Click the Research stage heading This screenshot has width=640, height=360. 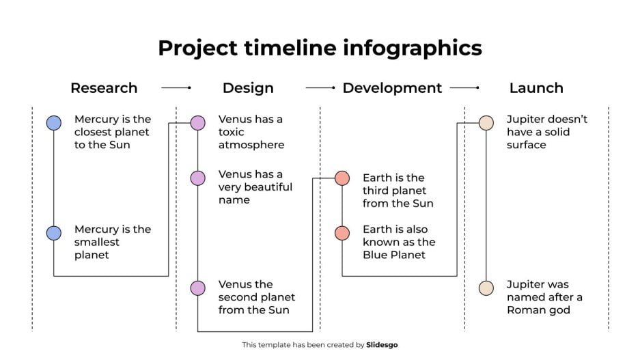click(x=104, y=88)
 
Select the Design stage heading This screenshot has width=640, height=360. click(x=248, y=88)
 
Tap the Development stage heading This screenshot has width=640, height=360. click(x=392, y=88)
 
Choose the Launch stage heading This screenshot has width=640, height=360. click(x=536, y=88)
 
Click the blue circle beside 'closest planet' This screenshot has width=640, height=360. click(x=54, y=123)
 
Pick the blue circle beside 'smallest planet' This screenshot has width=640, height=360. click(x=54, y=233)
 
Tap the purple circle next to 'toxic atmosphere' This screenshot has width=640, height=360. click(x=197, y=123)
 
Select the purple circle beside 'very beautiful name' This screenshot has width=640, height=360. click(x=197, y=178)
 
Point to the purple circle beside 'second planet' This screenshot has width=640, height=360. click(x=197, y=288)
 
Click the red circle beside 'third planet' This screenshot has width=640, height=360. click(x=342, y=178)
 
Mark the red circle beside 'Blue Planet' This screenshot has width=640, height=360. click(x=342, y=233)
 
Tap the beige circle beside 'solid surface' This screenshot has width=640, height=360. click(x=486, y=123)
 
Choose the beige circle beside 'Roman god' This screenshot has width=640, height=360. click(x=486, y=288)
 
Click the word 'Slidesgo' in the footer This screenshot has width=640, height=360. click(x=382, y=345)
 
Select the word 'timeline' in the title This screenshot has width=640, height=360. click(x=279, y=48)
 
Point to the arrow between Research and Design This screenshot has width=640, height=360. click(x=176, y=88)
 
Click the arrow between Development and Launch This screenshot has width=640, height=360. click(x=464, y=88)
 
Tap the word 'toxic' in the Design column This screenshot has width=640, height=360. click(x=232, y=132)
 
